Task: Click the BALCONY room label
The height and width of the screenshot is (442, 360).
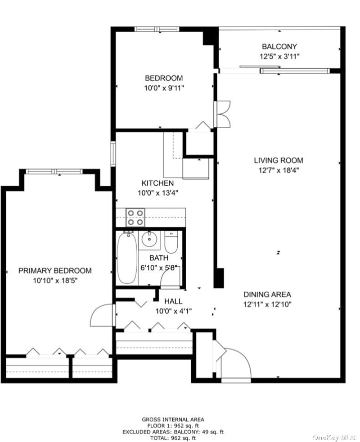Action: [x=279, y=46]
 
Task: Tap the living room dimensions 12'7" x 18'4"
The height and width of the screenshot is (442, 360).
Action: [x=279, y=170]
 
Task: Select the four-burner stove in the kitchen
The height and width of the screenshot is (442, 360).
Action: [x=135, y=217]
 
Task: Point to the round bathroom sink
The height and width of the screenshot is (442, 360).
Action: [x=149, y=240]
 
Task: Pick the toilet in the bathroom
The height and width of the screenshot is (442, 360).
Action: [x=171, y=242]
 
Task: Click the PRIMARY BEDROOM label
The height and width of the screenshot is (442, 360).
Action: [x=55, y=271]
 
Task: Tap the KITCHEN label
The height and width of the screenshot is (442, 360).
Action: [x=157, y=183]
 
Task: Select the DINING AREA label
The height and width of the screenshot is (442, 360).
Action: [x=267, y=295]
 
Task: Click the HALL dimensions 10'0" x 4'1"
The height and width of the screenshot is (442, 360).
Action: [x=174, y=311]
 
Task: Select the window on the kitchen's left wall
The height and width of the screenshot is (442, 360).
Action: [x=113, y=154]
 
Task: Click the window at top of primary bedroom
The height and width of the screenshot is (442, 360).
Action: [x=54, y=171]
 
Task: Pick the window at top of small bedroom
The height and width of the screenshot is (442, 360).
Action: [x=157, y=29]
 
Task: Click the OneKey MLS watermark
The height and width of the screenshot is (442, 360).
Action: [x=334, y=438]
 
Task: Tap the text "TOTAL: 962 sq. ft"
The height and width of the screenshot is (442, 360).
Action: [x=173, y=438]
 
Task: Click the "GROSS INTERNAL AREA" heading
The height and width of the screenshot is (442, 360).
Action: [x=173, y=420]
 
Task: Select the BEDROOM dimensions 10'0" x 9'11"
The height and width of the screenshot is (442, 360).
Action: [x=164, y=88]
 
